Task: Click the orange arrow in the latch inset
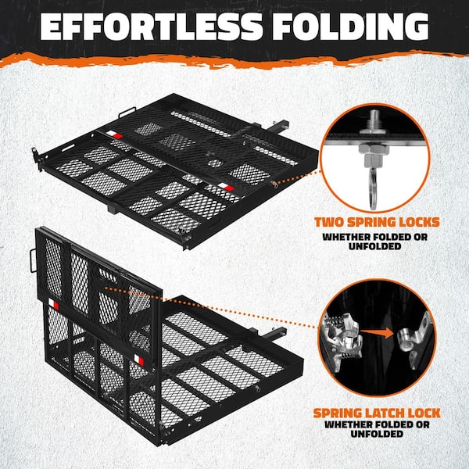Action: click(x=380, y=333)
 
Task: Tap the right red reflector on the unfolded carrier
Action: click(x=227, y=188)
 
